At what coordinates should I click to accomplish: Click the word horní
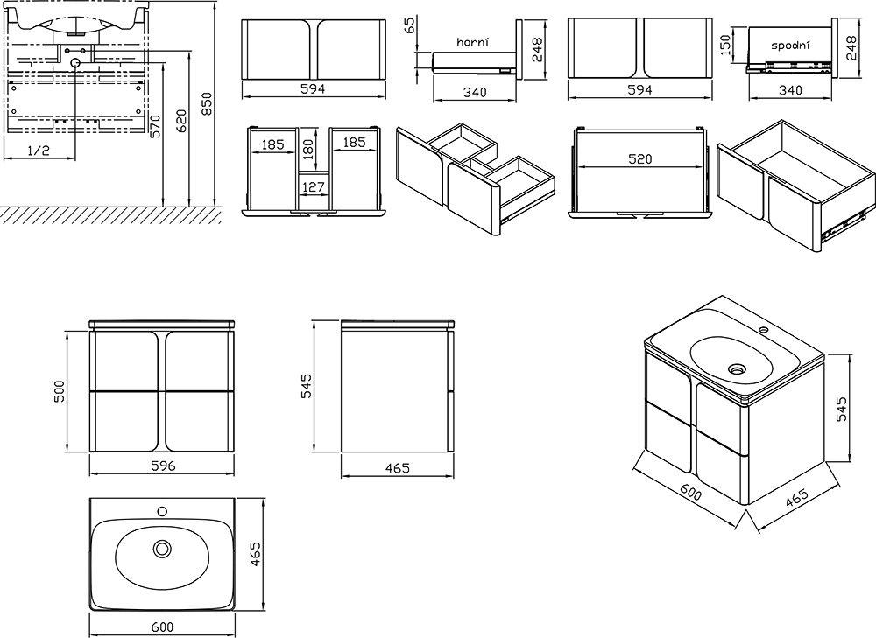tap(473, 42)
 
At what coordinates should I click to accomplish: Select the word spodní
tap(790, 46)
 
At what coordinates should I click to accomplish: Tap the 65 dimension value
tap(411, 25)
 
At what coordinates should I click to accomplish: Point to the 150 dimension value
tap(725, 46)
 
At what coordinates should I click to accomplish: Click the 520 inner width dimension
tap(640, 159)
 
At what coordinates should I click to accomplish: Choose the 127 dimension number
tap(313, 187)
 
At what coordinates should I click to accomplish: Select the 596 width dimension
tap(163, 466)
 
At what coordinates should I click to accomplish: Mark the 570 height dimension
tap(155, 126)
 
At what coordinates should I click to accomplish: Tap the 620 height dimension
tap(181, 121)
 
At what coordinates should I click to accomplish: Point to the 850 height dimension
tap(207, 104)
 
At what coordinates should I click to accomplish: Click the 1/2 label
tap(38, 151)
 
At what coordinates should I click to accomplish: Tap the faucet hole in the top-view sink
tap(163, 511)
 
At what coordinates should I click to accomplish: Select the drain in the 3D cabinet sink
tap(738, 368)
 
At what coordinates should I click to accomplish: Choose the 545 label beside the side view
tap(306, 386)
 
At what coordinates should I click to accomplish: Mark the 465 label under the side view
tap(397, 467)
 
